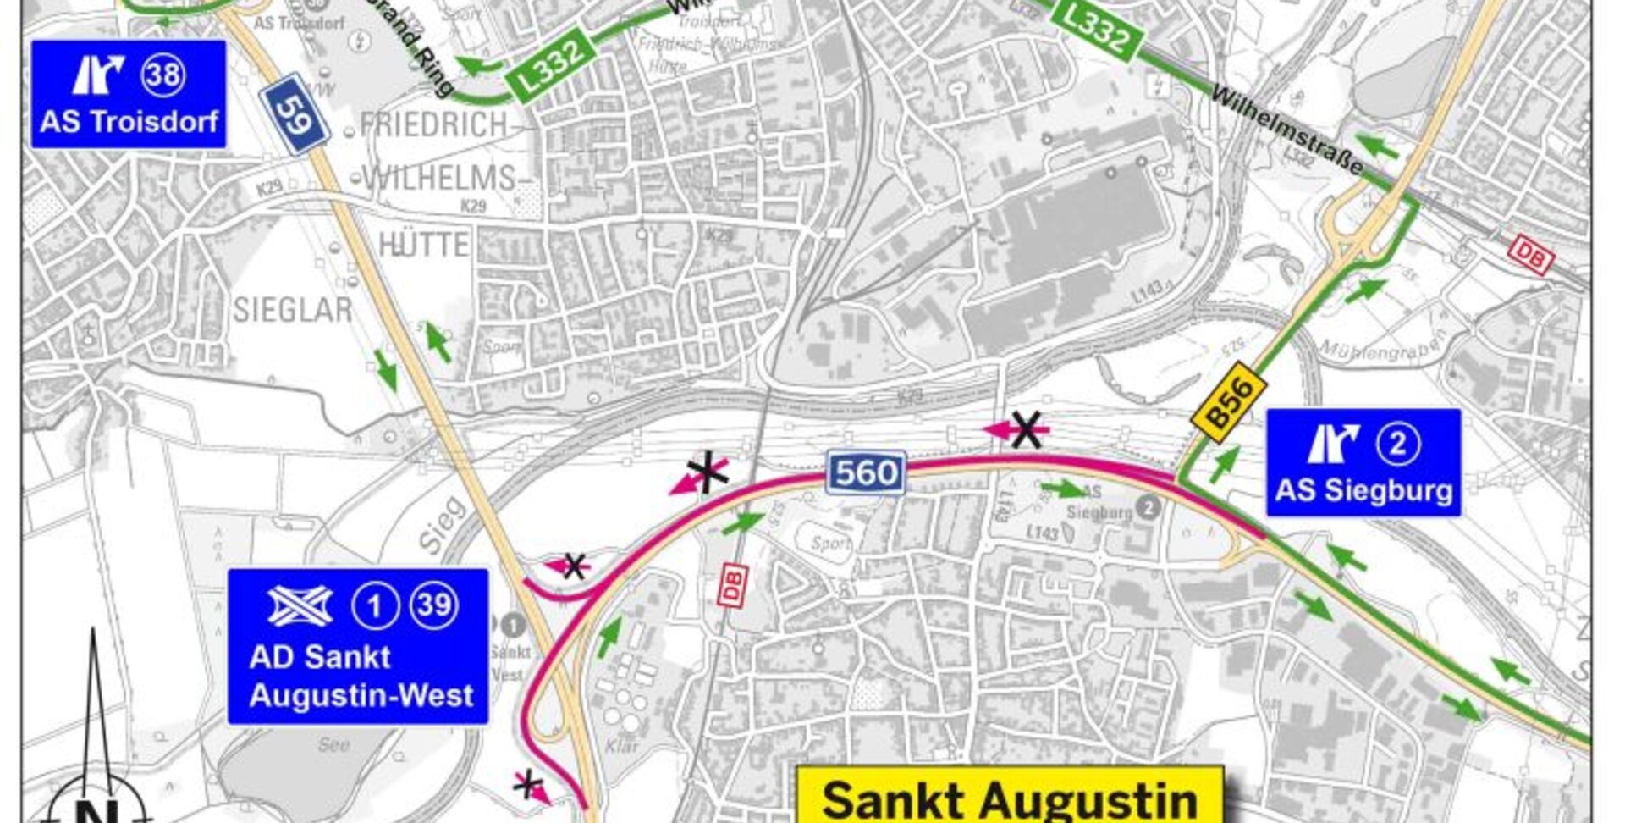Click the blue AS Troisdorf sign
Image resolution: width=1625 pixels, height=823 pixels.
click(x=129, y=94)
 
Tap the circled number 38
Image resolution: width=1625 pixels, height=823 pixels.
click(x=163, y=75)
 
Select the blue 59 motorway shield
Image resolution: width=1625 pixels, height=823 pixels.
click(x=295, y=114)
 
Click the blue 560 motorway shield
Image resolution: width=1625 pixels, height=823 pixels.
click(x=866, y=472)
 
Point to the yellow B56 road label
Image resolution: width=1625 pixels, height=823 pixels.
click(x=1229, y=402)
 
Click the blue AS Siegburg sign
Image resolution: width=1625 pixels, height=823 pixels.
click(x=1363, y=462)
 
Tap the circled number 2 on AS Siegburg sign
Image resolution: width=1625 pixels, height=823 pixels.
click(x=1397, y=444)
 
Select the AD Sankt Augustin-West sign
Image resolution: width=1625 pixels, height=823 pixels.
click(x=358, y=646)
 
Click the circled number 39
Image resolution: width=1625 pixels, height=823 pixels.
click(x=435, y=605)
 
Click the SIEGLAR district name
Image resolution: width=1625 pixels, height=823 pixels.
click(x=292, y=311)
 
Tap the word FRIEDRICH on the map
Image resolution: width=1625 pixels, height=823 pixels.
click(x=433, y=125)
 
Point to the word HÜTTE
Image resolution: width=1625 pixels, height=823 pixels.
click(x=423, y=245)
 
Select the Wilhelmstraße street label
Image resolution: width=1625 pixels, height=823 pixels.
click(x=1286, y=130)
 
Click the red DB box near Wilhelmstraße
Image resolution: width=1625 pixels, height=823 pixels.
click(x=1530, y=254)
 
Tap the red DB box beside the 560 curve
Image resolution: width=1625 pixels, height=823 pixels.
click(x=732, y=586)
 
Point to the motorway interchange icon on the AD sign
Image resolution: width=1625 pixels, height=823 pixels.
click(x=300, y=605)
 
